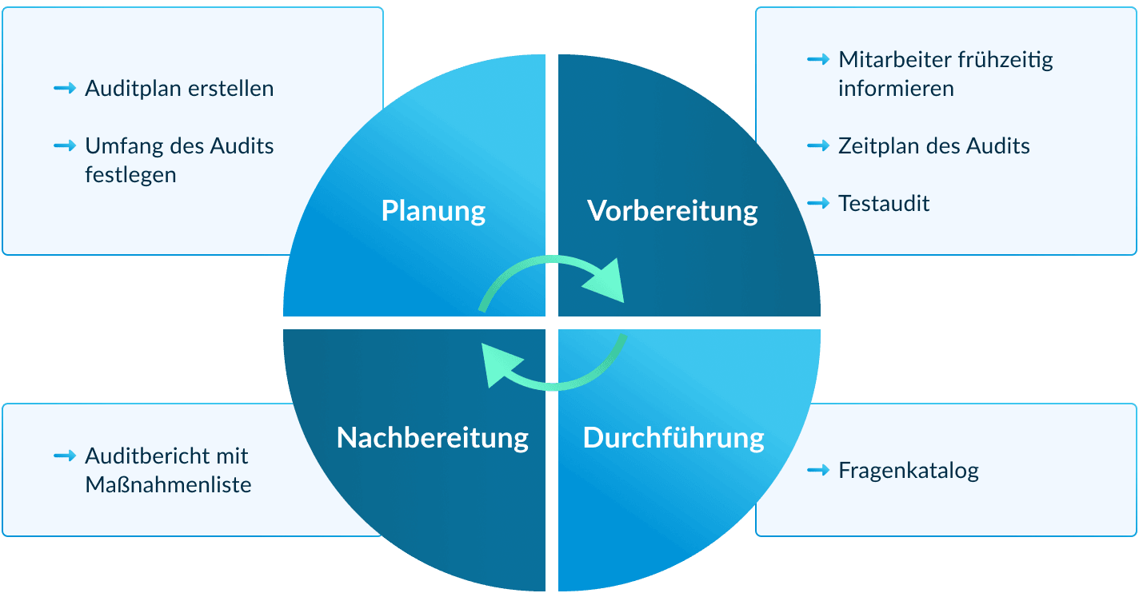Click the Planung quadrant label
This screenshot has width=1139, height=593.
[x=434, y=211]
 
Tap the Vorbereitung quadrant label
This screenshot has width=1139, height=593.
[x=672, y=211]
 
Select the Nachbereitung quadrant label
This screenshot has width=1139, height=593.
[x=433, y=438]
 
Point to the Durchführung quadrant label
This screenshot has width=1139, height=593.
[x=673, y=438]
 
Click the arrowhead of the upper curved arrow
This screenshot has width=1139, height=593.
[x=608, y=280]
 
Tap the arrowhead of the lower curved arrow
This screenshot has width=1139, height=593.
[x=499, y=367]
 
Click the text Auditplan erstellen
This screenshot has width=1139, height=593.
[x=179, y=88]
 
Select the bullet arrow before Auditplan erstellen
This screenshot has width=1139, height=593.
[x=64, y=88]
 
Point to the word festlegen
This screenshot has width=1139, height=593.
[x=130, y=174]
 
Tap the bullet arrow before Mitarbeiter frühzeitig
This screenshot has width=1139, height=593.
[x=818, y=59]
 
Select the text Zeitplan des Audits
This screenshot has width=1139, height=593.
[x=933, y=146]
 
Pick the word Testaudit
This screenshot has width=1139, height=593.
[x=884, y=204]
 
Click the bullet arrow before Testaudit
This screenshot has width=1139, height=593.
[x=818, y=204]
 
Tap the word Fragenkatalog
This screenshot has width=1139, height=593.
[x=909, y=471]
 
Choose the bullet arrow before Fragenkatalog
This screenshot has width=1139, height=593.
[x=818, y=471]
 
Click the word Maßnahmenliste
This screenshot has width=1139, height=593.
[x=168, y=484]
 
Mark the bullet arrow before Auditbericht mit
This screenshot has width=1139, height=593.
[x=64, y=456]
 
